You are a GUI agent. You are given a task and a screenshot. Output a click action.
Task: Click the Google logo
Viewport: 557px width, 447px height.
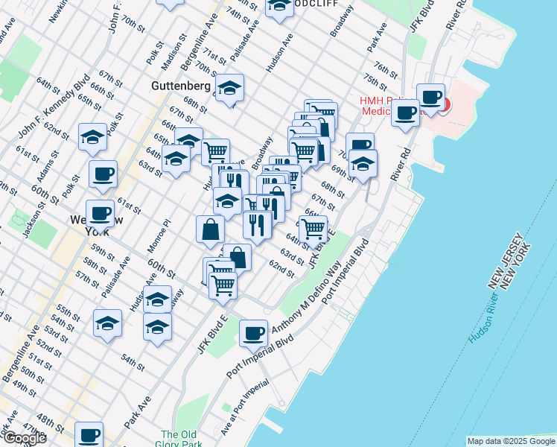coord(25,438)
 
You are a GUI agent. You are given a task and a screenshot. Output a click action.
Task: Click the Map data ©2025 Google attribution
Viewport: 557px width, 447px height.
coord(511,442)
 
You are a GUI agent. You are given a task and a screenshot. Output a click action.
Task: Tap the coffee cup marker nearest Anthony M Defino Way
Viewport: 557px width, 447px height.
coord(254,333)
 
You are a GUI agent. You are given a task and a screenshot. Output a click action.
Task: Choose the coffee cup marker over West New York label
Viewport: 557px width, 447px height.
coord(100,214)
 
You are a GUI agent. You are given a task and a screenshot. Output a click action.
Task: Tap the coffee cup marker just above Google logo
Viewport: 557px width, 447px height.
coord(89,434)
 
